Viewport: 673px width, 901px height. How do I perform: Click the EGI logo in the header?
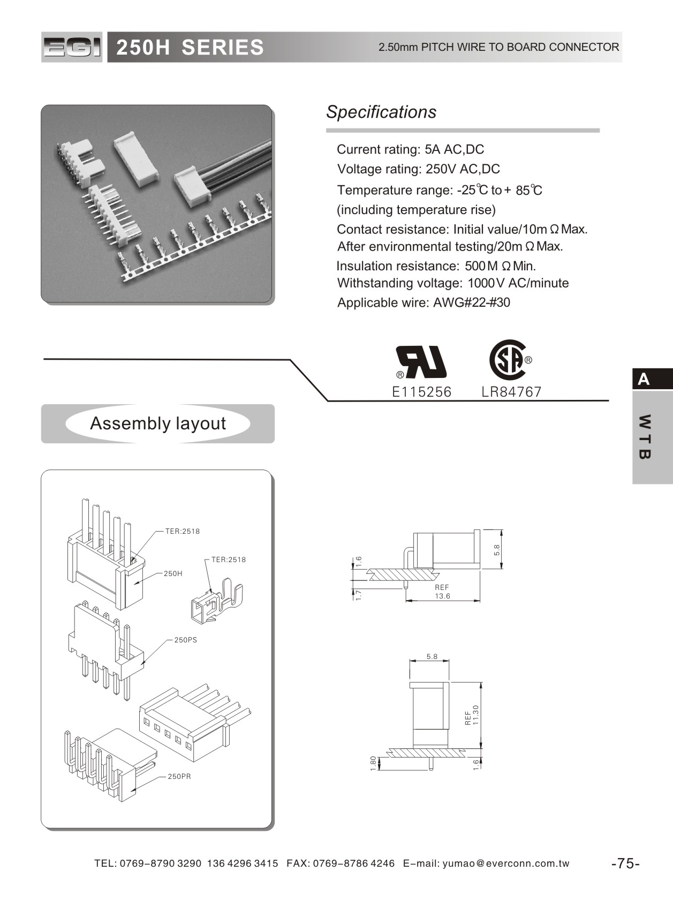(72, 48)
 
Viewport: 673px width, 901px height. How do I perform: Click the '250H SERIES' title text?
(190, 48)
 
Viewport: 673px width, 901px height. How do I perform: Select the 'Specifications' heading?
(381, 112)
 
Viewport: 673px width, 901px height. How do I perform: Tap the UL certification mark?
(421, 362)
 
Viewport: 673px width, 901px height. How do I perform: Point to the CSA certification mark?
(509, 360)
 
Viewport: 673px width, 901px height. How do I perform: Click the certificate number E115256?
(422, 392)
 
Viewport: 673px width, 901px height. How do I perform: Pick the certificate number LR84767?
(511, 392)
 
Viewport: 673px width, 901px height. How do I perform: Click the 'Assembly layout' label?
(158, 423)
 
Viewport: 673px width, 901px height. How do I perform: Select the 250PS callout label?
(185, 640)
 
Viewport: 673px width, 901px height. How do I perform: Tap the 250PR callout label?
(179, 776)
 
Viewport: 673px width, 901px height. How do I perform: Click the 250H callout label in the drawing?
(173, 573)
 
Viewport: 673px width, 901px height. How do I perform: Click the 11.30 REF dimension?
(472, 715)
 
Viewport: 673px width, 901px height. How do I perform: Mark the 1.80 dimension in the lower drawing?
(373, 763)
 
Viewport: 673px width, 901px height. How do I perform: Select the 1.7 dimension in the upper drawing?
(359, 594)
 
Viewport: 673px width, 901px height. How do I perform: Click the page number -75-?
(625, 863)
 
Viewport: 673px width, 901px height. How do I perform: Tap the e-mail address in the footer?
(506, 863)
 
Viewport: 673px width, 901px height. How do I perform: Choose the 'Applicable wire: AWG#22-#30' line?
(424, 302)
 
